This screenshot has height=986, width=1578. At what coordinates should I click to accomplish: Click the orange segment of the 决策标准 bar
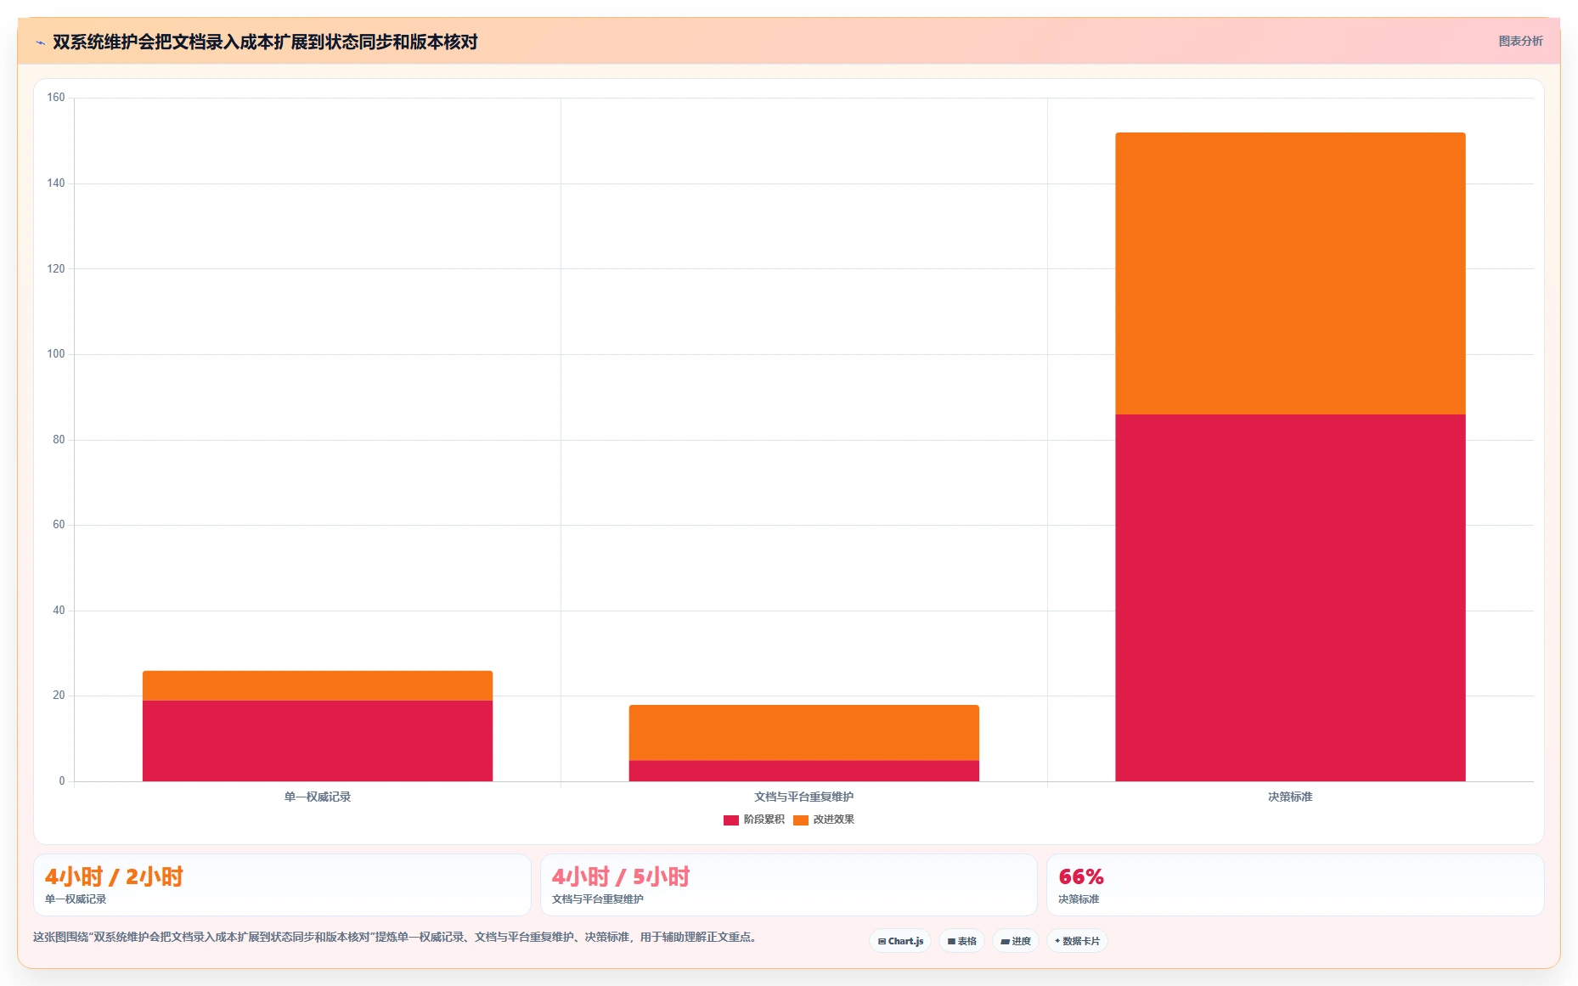click(x=1290, y=273)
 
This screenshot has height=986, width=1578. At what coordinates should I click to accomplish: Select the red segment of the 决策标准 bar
click(x=1290, y=598)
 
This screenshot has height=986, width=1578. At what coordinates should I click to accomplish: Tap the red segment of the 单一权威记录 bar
click(x=318, y=741)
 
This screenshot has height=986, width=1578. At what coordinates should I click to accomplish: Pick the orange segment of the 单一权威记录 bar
click(x=318, y=685)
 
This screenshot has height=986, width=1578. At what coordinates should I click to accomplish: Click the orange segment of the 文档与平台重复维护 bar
click(x=804, y=732)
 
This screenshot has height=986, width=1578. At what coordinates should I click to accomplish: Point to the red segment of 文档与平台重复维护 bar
click(x=804, y=770)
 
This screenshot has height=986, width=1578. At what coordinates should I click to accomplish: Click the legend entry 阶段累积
click(x=754, y=820)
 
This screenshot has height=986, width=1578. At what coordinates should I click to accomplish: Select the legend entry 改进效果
click(x=824, y=820)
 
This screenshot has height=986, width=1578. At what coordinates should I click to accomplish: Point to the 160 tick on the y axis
click(x=56, y=98)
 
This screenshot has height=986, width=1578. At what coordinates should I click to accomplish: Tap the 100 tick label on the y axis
click(x=56, y=354)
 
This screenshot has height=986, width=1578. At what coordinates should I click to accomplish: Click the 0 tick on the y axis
click(x=62, y=781)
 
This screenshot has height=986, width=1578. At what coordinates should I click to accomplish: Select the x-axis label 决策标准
click(x=1290, y=797)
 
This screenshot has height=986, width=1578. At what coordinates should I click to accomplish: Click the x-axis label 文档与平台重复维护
click(x=804, y=797)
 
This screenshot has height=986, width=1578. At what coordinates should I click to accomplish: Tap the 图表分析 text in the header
click(x=1520, y=41)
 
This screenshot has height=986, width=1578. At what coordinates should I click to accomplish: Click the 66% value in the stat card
click(x=1081, y=876)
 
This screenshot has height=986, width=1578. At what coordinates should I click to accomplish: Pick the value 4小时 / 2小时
click(x=114, y=876)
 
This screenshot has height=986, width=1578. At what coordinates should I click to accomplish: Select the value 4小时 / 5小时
click(x=621, y=876)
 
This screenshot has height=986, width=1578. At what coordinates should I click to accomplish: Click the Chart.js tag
click(x=900, y=941)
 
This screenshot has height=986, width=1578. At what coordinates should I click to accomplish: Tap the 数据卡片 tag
click(x=1077, y=941)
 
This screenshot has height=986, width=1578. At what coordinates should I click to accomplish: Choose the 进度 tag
click(x=1016, y=941)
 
